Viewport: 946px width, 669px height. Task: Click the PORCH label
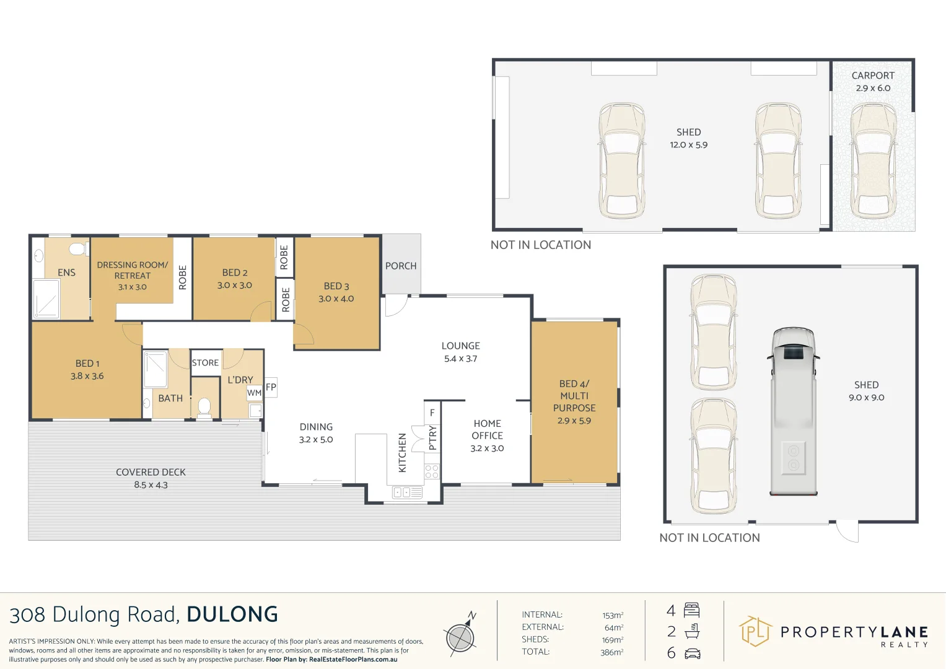400,266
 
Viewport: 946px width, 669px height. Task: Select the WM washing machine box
254,392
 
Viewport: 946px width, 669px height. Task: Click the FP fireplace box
271,387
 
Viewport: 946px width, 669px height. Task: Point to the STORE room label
205,362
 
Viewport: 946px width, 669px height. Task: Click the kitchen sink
407,492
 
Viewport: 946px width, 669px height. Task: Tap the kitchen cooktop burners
432,471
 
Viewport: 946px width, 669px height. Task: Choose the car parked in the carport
873,160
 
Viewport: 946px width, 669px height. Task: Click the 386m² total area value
612,652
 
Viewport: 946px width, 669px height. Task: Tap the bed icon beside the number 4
691,610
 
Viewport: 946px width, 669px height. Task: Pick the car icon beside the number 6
692,654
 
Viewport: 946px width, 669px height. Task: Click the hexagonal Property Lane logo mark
755,631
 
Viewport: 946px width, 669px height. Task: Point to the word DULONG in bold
232,614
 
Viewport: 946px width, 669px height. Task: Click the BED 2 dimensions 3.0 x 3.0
235,285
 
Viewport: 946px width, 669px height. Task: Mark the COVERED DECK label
151,472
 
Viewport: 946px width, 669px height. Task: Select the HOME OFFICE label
488,429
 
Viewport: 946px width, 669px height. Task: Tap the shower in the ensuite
46,298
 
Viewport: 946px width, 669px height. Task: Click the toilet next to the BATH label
204,408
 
